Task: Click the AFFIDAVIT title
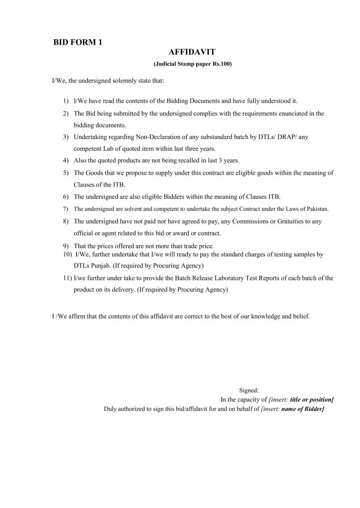[x=191, y=52]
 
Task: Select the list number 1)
[x=66, y=101]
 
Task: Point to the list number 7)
[x=66, y=209]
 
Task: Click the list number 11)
[x=65, y=278]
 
